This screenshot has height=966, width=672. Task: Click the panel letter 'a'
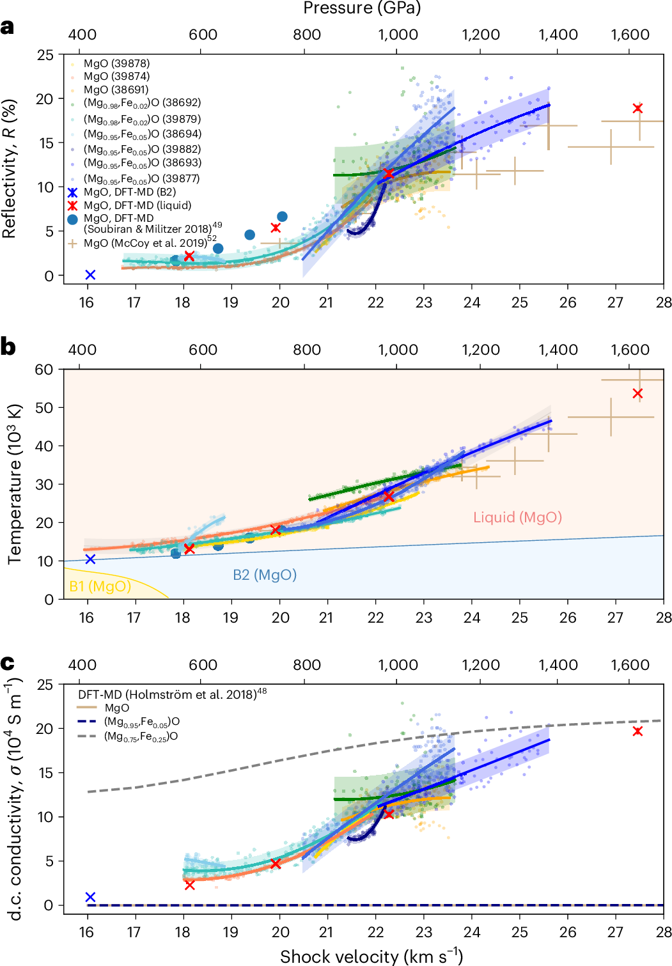[8, 27]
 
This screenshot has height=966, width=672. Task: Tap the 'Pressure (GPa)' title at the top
[361, 8]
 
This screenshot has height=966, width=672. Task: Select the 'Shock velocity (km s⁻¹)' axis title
[371, 956]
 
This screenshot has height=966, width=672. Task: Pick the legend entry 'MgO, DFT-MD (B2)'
[130, 192]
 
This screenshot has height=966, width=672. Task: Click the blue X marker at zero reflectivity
[90, 275]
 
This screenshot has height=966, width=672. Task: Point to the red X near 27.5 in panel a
[637, 109]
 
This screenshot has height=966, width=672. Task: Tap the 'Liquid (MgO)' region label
[517, 517]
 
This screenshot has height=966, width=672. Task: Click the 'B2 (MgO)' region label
[265, 575]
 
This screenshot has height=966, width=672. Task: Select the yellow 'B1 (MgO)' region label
[100, 586]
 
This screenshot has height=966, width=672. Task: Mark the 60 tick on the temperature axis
[44, 370]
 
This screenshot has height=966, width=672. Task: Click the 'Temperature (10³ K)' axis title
[14, 484]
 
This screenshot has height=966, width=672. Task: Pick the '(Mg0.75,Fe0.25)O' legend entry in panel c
[141, 736]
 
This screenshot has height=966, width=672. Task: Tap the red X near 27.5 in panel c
[637, 731]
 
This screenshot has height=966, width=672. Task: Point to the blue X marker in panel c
[90, 897]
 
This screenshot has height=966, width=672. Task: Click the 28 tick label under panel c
[663, 932]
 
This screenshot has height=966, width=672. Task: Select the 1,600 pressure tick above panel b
[630, 350]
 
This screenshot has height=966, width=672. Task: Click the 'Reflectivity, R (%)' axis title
[9, 169]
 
